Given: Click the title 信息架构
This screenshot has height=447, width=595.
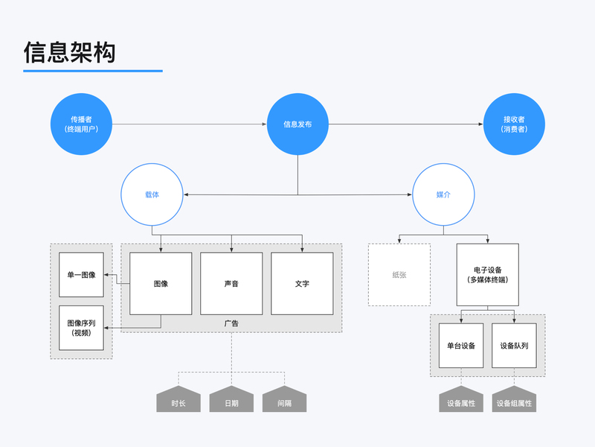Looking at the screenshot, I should [x=70, y=52].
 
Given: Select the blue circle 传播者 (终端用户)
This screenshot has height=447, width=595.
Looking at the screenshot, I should [x=81, y=124].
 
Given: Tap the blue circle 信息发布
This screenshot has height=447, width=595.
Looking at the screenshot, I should [x=297, y=124].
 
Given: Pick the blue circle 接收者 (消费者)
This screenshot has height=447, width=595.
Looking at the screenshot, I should [x=514, y=124].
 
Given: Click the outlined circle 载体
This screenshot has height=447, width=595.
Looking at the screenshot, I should [x=152, y=194].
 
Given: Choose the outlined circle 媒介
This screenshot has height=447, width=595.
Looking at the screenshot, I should [x=443, y=194].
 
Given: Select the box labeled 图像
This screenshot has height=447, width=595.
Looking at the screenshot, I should [x=161, y=284].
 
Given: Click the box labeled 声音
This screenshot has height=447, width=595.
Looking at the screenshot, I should [x=231, y=284].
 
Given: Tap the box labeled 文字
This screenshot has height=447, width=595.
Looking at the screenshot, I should [x=302, y=284].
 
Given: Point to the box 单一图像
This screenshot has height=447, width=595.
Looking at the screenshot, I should [x=81, y=275].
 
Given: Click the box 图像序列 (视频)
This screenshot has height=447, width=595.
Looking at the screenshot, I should [x=81, y=328].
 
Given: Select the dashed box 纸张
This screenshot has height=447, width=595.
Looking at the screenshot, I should [x=399, y=275].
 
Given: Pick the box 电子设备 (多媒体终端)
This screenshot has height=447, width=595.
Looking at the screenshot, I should [x=488, y=275].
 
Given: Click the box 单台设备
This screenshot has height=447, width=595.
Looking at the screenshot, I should [x=461, y=346].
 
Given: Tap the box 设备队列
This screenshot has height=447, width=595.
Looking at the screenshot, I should [x=514, y=346].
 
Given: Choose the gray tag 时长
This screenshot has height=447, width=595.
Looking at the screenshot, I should [x=178, y=402].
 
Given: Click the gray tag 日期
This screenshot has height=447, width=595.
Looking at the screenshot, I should [x=231, y=402].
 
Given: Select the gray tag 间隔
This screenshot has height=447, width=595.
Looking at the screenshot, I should [x=284, y=402].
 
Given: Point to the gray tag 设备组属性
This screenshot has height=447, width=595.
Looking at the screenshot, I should [x=514, y=403].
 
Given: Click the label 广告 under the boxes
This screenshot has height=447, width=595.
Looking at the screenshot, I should [x=231, y=323].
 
